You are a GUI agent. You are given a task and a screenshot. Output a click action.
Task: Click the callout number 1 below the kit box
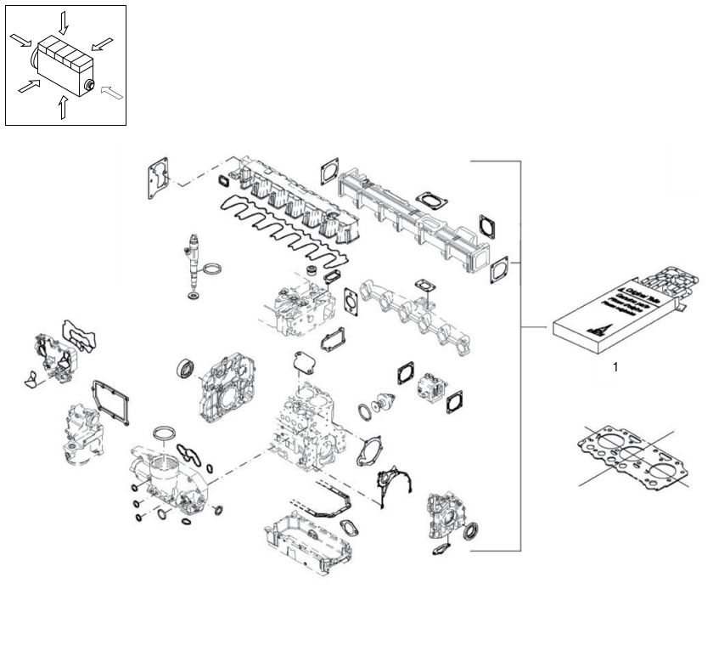[x=615, y=368]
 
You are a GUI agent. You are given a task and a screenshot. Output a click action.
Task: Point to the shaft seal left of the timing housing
[x=185, y=371]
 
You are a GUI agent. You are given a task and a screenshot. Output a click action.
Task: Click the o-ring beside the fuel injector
[x=216, y=271]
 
